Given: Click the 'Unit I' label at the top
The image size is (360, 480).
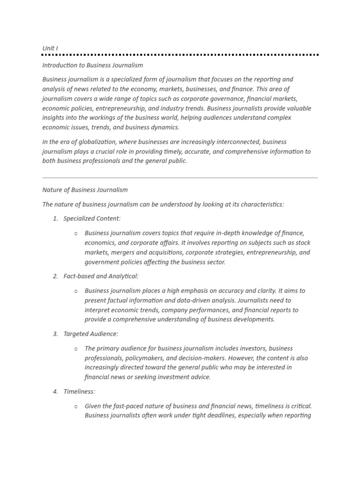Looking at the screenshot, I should (x=50, y=48).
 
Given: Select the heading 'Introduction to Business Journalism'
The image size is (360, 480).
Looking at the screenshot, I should (x=92, y=65).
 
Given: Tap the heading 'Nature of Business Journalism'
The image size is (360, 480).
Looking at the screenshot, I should (x=85, y=190).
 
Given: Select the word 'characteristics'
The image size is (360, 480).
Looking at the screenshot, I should (x=262, y=204).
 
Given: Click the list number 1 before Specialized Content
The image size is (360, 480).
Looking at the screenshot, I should (x=55, y=218).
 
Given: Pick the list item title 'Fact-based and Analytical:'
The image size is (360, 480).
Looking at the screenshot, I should (x=101, y=276).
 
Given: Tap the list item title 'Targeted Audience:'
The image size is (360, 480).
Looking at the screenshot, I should (x=90, y=334).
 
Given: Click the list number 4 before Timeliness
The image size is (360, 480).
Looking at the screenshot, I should (x=55, y=391).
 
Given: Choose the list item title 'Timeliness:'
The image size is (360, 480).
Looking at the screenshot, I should (x=79, y=391).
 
